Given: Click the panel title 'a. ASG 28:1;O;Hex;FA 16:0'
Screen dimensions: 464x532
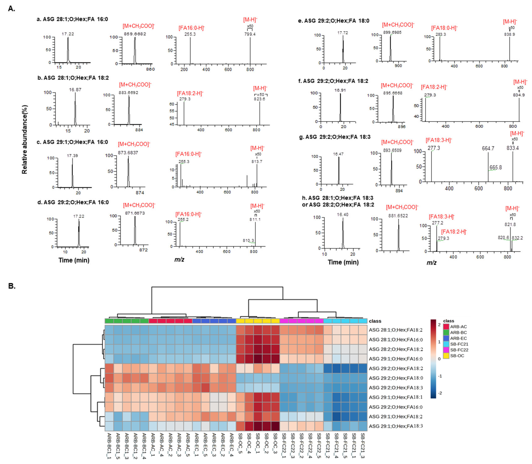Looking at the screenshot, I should (x=72, y=19).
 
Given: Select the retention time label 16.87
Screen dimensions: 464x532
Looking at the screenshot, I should (x=75, y=90).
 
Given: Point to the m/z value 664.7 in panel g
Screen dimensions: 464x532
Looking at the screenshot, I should (x=488, y=148).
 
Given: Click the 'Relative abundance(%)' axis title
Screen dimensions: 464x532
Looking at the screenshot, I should (x=25, y=139).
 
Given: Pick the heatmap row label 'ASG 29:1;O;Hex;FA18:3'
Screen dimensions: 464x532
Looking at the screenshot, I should (x=396, y=426).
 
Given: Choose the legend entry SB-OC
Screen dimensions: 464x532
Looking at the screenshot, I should (x=457, y=356).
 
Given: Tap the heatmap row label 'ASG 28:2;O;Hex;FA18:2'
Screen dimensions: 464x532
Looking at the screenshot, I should (x=396, y=349).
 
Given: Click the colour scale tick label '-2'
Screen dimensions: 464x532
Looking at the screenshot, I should (x=440, y=393).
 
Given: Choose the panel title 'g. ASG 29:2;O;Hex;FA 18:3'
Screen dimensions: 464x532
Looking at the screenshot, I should (x=335, y=137).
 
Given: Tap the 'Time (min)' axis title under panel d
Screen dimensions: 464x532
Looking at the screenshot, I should (x=74, y=260).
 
